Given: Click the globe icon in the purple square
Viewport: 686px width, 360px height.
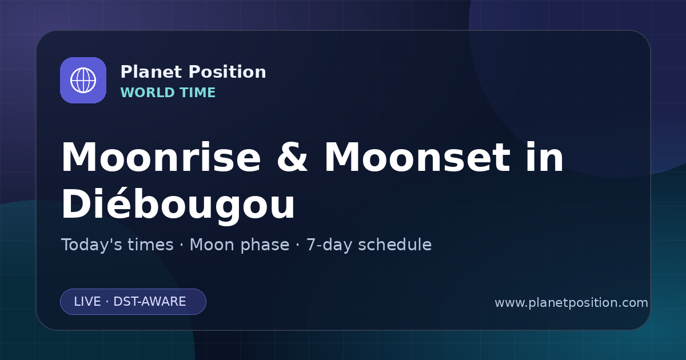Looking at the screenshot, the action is point(83,80).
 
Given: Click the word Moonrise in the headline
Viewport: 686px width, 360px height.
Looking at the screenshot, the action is point(161,157).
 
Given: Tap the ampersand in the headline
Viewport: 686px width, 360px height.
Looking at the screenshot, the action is point(292,157).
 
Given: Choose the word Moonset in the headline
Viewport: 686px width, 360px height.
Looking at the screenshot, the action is point(417,157).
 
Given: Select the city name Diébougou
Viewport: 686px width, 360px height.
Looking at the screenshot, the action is point(178,204).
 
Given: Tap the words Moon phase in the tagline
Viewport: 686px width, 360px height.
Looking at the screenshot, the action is point(240,245).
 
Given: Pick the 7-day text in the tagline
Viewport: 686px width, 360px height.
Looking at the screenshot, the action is point(329,245).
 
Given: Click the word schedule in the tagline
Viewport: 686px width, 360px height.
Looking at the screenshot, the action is point(395,245).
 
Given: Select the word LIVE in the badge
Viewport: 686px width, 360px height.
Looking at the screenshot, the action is point(87,302).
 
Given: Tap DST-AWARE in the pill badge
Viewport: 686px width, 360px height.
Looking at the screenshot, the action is point(149,302).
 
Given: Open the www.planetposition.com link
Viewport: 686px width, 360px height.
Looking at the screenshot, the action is point(572,303).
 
